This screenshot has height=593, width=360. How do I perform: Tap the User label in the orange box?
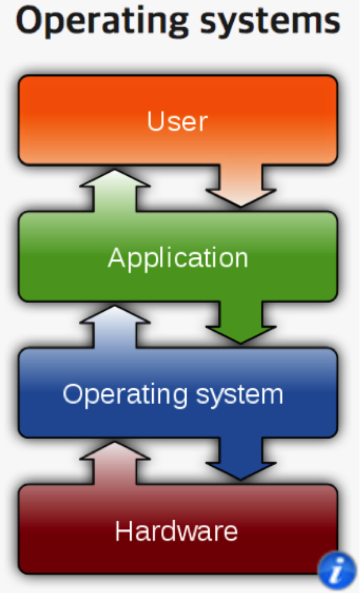[178, 121]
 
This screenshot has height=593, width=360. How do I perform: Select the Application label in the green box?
[178, 258]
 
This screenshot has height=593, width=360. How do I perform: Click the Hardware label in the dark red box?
[176, 530]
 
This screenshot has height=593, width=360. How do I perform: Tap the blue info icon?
[336, 572]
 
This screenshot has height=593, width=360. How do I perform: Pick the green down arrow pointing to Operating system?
[240, 323]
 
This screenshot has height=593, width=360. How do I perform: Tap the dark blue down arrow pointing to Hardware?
[240, 459]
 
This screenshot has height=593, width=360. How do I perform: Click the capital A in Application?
[117, 258]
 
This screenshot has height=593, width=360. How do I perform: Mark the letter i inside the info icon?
[336, 572]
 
